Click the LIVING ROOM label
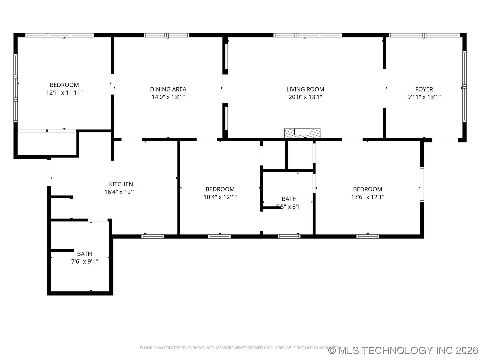pos(305,89)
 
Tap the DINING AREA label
pos(168,89)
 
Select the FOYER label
pos(424,89)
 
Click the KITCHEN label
pos(121,184)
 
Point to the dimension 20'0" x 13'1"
pos(305,97)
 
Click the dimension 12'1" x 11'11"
pos(64,93)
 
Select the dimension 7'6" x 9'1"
pos(84,262)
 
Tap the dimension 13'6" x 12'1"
pos(367,197)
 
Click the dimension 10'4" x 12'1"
pos(220,197)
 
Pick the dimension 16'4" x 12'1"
pos(121,192)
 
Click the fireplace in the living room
pos(302,133)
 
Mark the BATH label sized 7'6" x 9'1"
pos(84,254)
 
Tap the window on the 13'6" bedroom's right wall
pos(422,184)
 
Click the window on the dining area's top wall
pos(167,35)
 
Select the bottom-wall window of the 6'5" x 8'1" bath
pos(289,236)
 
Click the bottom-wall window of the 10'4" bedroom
pos(219,236)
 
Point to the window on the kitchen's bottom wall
pos(153,236)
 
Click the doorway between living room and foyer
pos(384,88)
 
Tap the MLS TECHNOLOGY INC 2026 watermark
pos(403,350)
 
